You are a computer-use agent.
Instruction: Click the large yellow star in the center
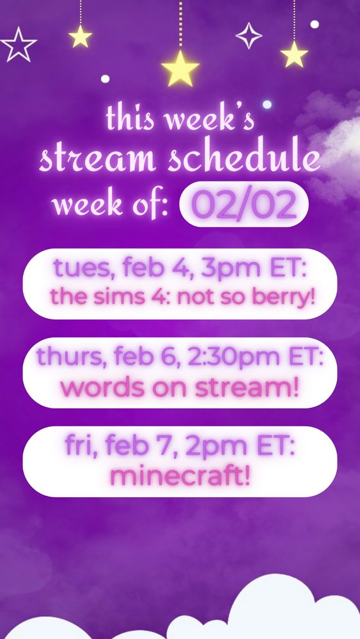(x=180, y=68)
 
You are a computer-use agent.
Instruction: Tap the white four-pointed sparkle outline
(x=249, y=36)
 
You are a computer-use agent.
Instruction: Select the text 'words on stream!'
(x=180, y=386)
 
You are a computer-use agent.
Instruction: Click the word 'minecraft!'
(x=180, y=475)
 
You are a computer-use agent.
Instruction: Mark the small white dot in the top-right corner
(x=315, y=24)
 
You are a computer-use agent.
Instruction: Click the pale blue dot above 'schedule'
(x=267, y=104)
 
